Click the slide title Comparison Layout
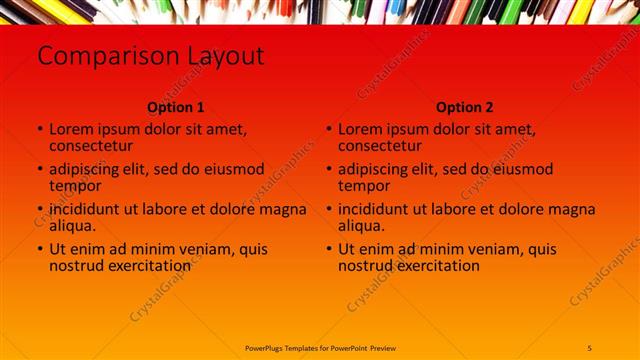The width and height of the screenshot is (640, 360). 151,56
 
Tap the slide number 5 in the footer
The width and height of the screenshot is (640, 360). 589,347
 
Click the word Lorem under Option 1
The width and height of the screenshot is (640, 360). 72,129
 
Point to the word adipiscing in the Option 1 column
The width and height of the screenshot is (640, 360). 91,169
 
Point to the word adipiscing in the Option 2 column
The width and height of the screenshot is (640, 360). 380,169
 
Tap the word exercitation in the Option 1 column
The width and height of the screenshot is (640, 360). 146,266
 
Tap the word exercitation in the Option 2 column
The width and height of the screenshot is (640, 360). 435,266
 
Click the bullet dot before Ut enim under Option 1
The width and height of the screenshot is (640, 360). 40,249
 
